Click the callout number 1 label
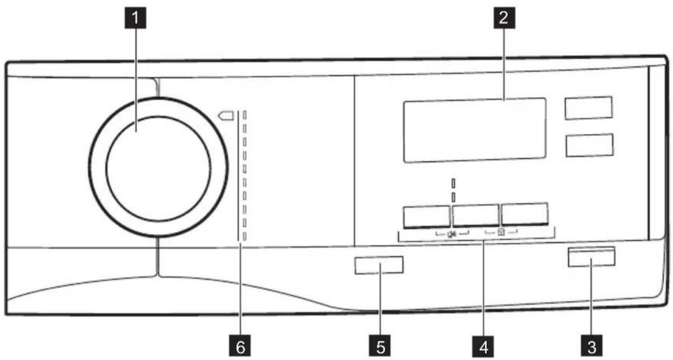coord(136,19)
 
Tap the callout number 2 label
coord(504,19)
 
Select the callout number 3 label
coord(591,346)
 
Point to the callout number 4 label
coord(483,346)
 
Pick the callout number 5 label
coord(380,346)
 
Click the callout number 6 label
coord(240,346)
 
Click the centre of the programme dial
coord(158,168)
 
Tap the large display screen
coord(474,130)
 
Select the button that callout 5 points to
coord(379,265)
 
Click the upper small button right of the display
coord(589,108)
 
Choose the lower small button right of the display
coord(589,145)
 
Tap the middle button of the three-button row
coord(476,215)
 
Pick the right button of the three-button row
coord(525,214)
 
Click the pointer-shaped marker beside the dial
coord(226,115)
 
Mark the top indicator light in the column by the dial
coord(245,115)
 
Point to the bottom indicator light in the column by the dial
coord(245,236)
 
